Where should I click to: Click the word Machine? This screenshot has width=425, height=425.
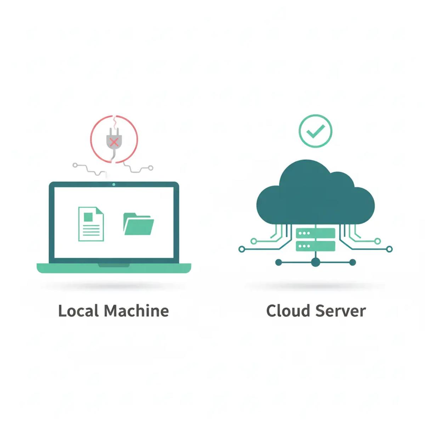[x=136, y=311]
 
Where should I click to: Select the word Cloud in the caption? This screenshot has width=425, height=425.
[x=287, y=311]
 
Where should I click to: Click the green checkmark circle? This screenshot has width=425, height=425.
[x=316, y=131]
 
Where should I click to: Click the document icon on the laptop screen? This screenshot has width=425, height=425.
[x=91, y=224]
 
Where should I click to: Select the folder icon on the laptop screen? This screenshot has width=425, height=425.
[x=138, y=224]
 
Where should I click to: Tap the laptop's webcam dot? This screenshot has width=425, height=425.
[x=114, y=185]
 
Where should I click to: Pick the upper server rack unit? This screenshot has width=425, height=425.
[x=315, y=233]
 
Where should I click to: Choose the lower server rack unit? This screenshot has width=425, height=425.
[x=315, y=246]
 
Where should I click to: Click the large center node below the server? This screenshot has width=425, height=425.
[x=315, y=262]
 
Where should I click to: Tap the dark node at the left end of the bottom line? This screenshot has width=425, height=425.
[x=278, y=262]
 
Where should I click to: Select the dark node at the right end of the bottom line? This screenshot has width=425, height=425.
[x=352, y=262]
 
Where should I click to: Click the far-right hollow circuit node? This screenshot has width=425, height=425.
[x=390, y=249]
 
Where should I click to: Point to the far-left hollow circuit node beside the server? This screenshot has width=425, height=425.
[x=242, y=249]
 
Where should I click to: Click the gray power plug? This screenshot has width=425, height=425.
[x=114, y=140]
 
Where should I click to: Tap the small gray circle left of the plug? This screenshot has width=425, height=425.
[x=75, y=165]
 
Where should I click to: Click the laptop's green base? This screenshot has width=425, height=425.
[x=114, y=268]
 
